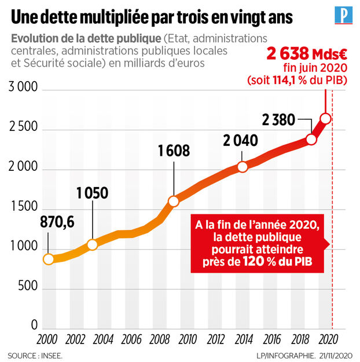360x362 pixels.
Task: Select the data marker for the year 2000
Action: (49, 259)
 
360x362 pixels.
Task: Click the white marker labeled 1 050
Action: (92, 244)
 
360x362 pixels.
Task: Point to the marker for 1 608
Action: (173, 202)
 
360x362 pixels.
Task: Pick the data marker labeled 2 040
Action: (243, 167)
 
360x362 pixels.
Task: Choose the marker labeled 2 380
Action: (312, 140)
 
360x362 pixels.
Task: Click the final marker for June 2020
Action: (326, 119)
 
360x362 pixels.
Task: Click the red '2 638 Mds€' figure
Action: (306, 54)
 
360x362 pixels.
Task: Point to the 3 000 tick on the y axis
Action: (23, 89)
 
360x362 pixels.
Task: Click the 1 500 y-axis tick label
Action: (23, 207)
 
